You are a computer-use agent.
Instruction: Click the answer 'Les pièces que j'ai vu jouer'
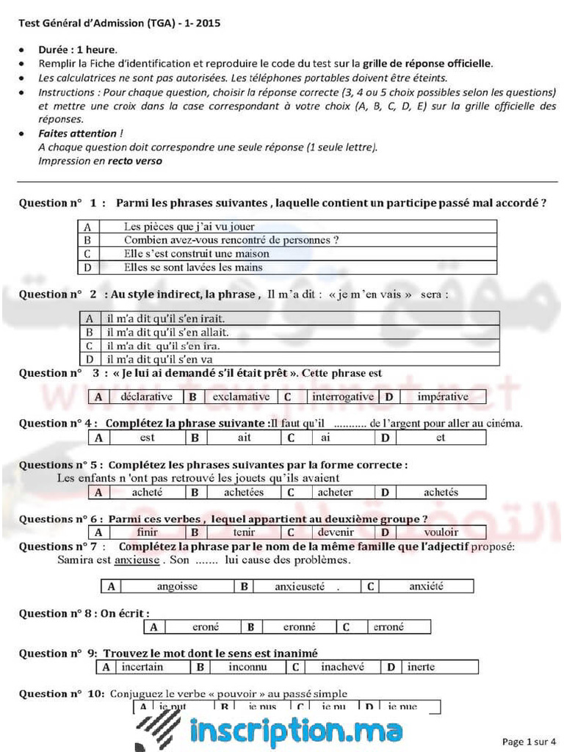pyautogui.click(x=189, y=226)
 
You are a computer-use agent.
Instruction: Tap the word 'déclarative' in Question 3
pyautogui.click(x=146, y=397)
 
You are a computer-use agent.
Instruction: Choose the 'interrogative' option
pyautogui.click(x=342, y=397)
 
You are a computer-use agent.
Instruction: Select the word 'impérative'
pyautogui.click(x=442, y=397)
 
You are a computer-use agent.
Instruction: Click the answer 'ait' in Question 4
pyautogui.click(x=245, y=438)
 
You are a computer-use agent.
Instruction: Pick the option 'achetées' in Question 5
pyautogui.click(x=244, y=492)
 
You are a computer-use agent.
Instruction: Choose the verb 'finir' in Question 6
pyautogui.click(x=147, y=532)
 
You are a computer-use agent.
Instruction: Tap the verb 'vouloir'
pyautogui.click(x=441, y=532)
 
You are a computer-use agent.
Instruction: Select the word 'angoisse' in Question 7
pyautogui.click(x=177, y=586)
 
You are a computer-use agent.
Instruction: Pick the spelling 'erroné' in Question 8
pyautogui.click(x=388, y=626)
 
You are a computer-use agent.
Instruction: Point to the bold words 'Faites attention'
pyautogui.click(x=77, y=133)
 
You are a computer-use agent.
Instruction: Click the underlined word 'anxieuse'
pyautogui.click(x=137, y=560)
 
